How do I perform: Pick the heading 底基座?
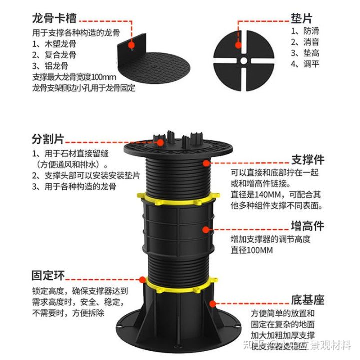click(307, 300)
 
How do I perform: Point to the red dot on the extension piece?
click(205, 229)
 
